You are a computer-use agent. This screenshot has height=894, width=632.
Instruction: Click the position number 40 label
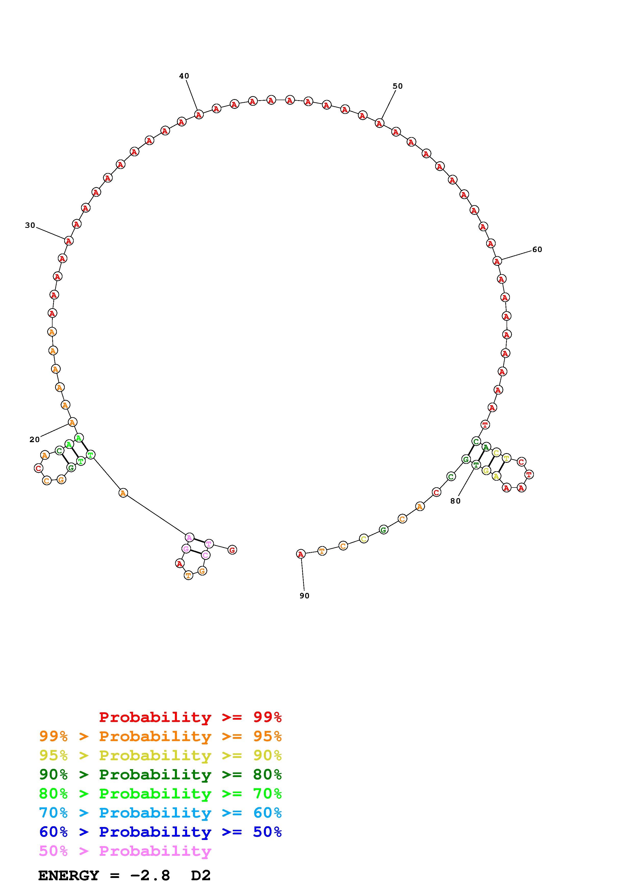click(x=184, y=76)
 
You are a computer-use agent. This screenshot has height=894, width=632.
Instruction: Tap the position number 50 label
click(x=397, y=86)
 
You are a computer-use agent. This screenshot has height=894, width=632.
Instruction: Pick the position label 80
click(x=455, y=501)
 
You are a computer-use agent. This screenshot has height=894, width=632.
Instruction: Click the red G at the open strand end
click(x=232, y=550)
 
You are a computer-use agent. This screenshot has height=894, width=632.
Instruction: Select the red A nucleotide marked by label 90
click(x=301, y=554)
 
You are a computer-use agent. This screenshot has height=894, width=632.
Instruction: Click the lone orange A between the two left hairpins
click(x=123, y=493)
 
